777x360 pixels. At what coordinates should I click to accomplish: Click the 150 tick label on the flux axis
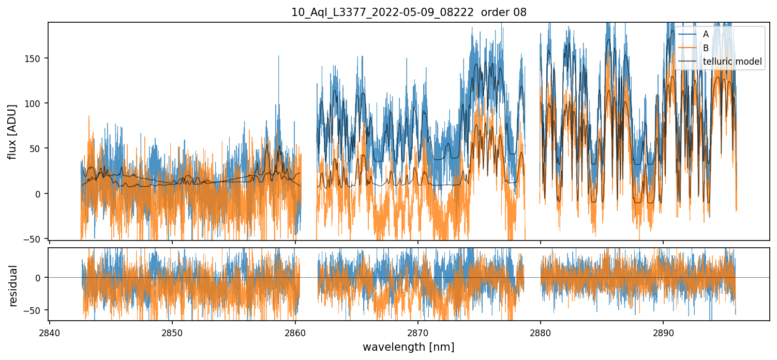(36, 58)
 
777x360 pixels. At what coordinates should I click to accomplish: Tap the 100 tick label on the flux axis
(36, 103)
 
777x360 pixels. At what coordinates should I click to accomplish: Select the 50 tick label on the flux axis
(38, 148)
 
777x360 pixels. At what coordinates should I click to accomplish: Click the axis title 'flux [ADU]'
(12, 131)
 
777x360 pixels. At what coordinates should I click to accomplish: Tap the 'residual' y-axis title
(13, 286)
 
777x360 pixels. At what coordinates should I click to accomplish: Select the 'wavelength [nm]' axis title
(408, 347)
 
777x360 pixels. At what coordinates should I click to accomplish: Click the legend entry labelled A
(706, 34)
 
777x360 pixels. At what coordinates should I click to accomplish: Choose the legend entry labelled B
(706, 48)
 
